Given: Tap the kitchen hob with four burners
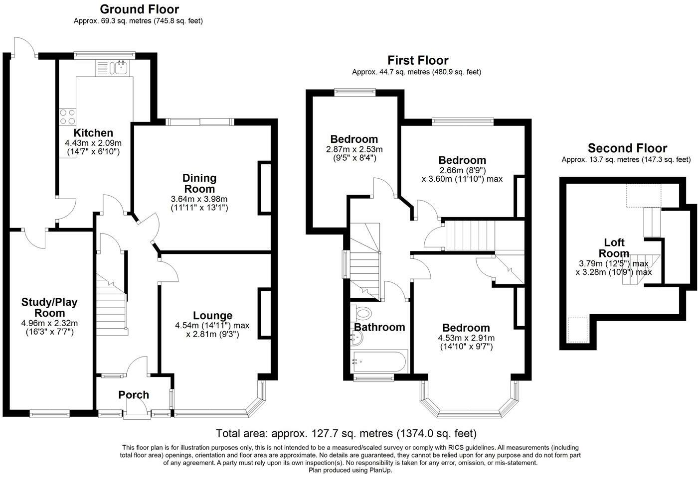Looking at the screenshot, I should click(67, 117).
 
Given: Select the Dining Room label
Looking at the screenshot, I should click(199, 183).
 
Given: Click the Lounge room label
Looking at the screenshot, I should click(213, 316).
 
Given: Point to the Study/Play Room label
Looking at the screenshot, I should click(49, 307).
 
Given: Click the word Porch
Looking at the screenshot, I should click(134, 395).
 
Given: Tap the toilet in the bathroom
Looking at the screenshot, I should click(364, 314).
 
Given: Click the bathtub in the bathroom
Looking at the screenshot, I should click(379, 361).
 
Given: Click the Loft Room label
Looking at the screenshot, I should click(614, 247).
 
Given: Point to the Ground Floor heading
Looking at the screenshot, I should click(139, 9).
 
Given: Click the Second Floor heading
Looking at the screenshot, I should click(627, 148).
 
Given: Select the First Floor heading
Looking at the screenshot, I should click(418, 60).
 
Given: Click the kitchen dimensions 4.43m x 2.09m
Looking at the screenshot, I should click(93, 143).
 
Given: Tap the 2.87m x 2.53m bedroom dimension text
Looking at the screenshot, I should click(354, 149).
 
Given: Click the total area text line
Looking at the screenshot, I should click(346, 433).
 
